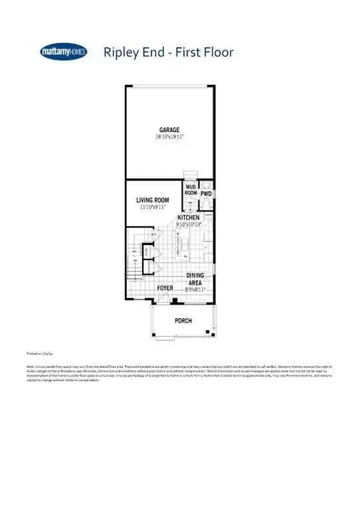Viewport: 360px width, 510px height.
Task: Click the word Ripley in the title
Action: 119,52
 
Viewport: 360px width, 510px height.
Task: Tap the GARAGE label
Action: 169,129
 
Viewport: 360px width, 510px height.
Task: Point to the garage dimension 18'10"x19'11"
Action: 169,136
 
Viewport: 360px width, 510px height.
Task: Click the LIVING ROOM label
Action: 153,200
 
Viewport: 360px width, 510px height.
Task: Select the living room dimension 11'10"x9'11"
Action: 153,207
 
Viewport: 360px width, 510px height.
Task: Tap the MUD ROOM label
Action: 191,189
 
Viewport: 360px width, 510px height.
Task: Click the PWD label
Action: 206,194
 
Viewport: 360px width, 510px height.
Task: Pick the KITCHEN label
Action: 189,218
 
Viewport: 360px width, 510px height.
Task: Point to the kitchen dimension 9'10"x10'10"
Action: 189,224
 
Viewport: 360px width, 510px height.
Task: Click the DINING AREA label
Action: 195,279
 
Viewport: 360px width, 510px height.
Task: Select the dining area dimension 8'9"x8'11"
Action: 195,290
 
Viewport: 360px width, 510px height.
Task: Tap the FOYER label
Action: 165,288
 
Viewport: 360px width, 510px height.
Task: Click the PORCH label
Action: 183,321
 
